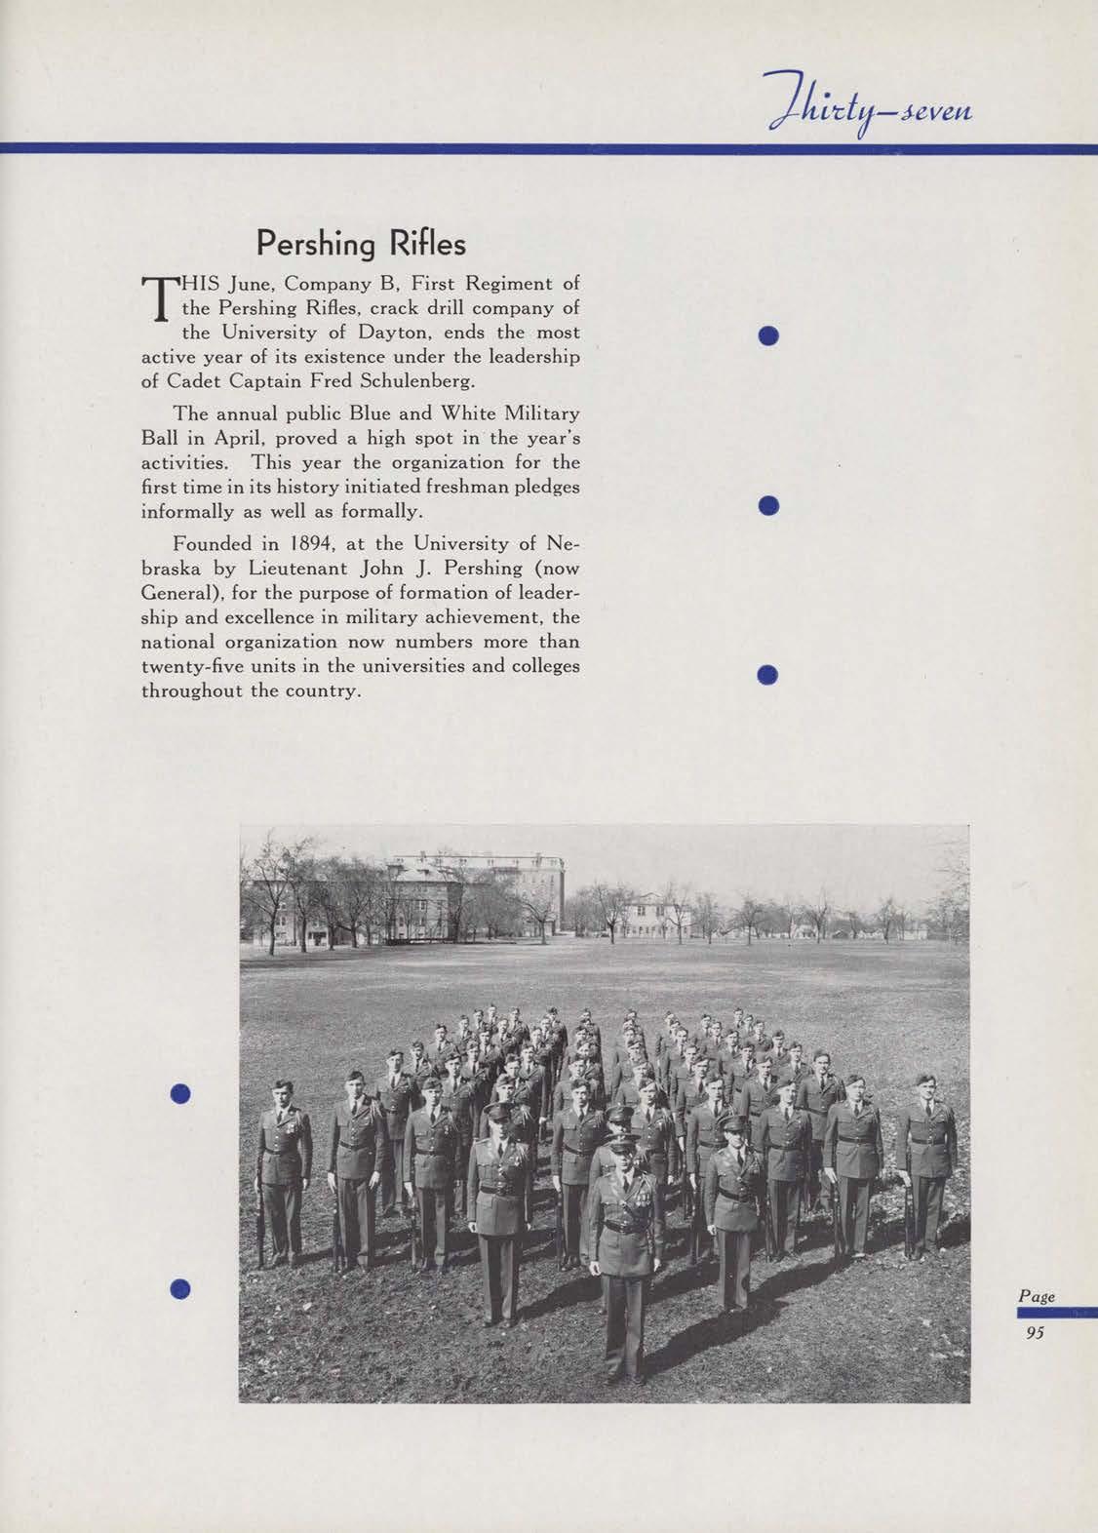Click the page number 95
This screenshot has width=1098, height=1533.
1035,1334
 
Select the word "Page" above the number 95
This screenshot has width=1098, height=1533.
1037,1297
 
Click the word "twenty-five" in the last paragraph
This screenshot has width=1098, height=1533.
189,667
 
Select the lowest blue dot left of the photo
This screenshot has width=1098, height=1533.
178,1288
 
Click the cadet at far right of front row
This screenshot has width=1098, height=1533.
927,1160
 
